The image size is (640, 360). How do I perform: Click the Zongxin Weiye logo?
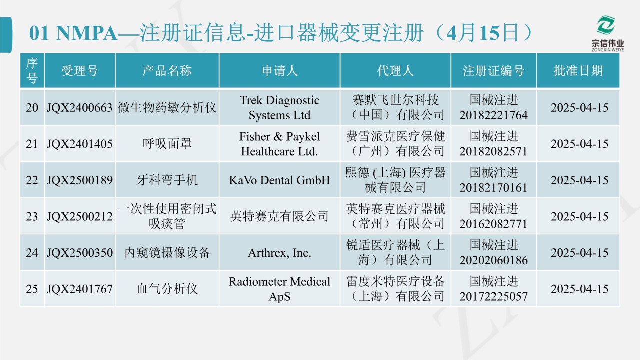pyautogui.click(x=607, y=34)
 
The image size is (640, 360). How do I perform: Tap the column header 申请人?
pyautogui.click(x=280, y=71)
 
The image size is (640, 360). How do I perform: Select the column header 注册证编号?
pyautogui.click(x=493, y=71)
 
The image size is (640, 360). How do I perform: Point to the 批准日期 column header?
pyautogui.click(x=578, y=71)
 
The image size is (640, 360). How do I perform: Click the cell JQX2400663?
pyautogui.click(x=79, y=108)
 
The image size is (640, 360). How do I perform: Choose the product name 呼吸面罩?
pyautogui.click(x=167, y=144)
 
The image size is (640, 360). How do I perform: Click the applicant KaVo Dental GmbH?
pyautogui.click(x=279, y=180)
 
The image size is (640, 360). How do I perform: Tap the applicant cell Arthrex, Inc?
pyautogui.click(x=279, y=253)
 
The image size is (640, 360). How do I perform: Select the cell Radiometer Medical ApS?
pyautogui.click(x=279, y=289)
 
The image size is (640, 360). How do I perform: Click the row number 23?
pyautogui.click(x=32, y=216)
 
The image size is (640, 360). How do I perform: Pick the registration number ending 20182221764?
pyautogui.click(x=493, y=107)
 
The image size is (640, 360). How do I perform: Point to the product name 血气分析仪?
pyautogui.click(x=167, y=289)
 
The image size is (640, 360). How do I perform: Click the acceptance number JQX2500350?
pyautogui.click(x=79, y=253)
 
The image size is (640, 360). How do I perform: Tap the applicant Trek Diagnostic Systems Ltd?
pyautogui.click(x=279, y=107)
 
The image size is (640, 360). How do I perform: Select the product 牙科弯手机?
pyautogui.click(x=167, y=180)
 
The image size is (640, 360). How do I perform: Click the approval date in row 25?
pyautogui.click(x=579, y=289)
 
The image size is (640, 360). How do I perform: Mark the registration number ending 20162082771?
pyautogui.click(x=493, y=216)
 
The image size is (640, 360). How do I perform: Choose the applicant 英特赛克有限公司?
pyautogui.click(x=279, y=216)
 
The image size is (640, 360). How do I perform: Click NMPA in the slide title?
pyautogui.click(x=87, y=33)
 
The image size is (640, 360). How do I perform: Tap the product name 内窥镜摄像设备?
pyautogui.click(x=167, y=253)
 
